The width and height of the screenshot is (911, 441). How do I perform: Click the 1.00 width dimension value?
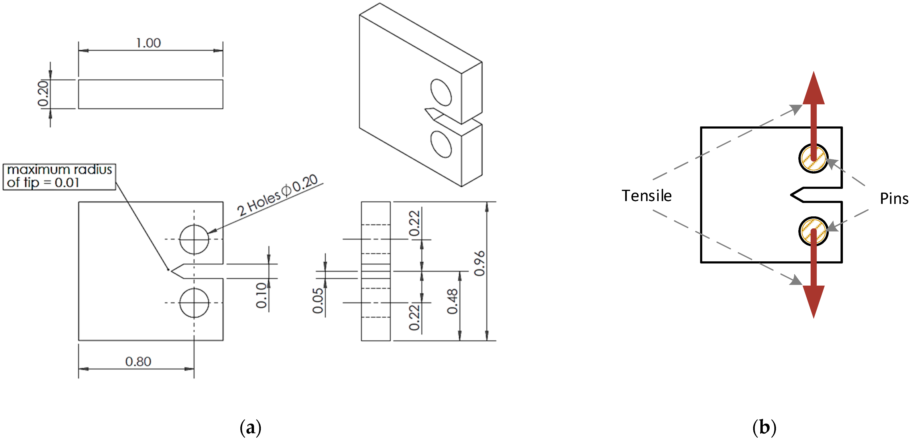[148, 43]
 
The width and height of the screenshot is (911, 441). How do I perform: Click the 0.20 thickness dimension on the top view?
[43, 94]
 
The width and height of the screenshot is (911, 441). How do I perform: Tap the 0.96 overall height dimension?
[479, 263]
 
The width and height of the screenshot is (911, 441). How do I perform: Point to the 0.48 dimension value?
[452, 301]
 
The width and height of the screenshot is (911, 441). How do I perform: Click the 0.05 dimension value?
[318, 300]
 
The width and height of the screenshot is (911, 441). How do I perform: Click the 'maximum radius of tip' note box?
[59, 176]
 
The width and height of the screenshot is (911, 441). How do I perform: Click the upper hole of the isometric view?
[441, 93]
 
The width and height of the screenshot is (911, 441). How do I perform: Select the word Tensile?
[646, 196]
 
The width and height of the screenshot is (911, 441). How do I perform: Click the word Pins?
[894, 198]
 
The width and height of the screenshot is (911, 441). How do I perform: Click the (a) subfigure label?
[250, 428]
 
